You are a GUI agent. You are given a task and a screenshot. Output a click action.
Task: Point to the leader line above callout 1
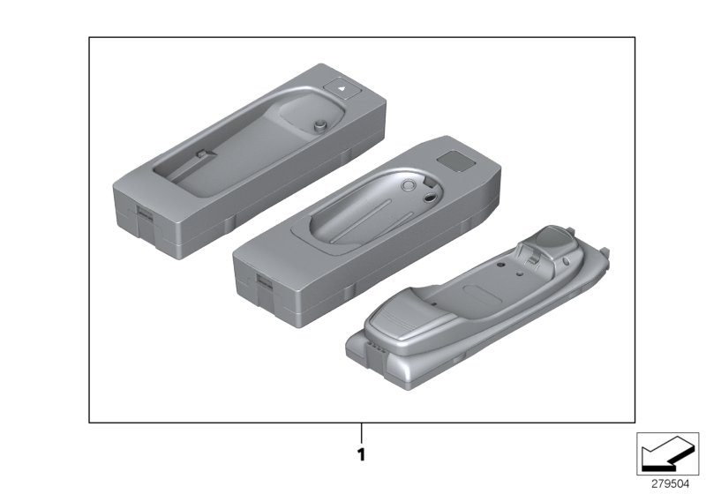[x=361, y=433]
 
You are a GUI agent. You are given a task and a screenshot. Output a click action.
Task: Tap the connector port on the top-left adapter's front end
[x=145, y=213]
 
